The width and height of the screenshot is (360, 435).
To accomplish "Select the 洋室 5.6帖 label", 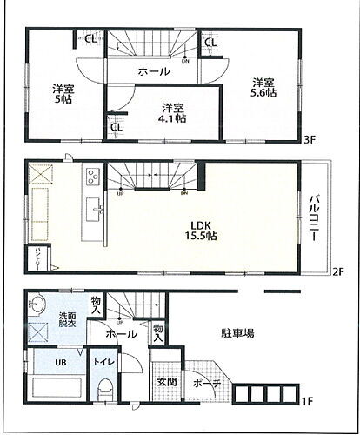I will pos(263,85).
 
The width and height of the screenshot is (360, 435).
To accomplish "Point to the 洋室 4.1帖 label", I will pos(172,113).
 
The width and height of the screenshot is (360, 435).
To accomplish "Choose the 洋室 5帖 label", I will pos(62,93).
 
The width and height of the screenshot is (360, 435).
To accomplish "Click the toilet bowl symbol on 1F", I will pos(105,390).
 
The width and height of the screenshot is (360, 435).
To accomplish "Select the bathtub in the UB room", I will pos(56,389).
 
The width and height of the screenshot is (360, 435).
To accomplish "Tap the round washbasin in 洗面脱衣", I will pos(37,305).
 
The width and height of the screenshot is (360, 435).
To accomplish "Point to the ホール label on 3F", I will pos(155,71).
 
